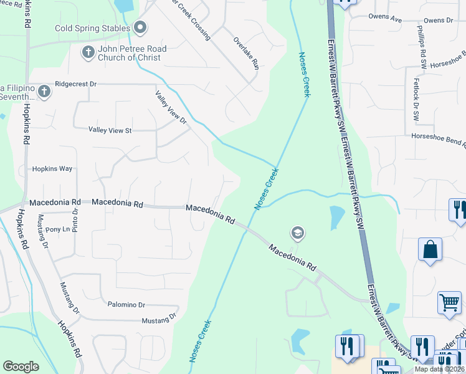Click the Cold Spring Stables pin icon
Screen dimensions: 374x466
point(140,27)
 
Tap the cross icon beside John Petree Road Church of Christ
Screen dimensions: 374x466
point(88,52)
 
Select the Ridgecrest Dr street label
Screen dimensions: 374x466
point(77,83)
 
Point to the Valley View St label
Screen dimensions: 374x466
point(110,130)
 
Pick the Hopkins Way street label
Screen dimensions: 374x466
point(52,169)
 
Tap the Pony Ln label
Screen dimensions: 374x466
point(58,229)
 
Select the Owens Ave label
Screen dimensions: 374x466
point(385,19)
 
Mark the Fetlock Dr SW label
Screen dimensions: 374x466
point(416,98)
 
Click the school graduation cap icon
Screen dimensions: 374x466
point(298,233)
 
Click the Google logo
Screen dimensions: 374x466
point(21,367)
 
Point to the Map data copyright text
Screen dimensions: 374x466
point(440,369)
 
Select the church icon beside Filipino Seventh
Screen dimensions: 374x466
point(44,92)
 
